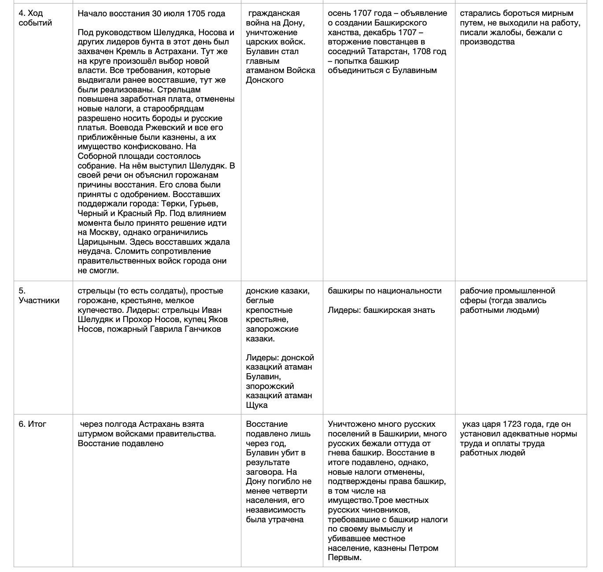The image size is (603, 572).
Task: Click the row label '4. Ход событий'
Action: pos(35,18)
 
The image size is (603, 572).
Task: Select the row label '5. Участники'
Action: pos(39,296)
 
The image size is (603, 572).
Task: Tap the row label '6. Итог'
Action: pos(32,424)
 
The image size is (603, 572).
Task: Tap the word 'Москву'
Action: pos(104,232)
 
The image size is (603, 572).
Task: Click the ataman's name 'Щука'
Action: pos(257,405)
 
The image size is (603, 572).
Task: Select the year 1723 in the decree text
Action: pos(511,424)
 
